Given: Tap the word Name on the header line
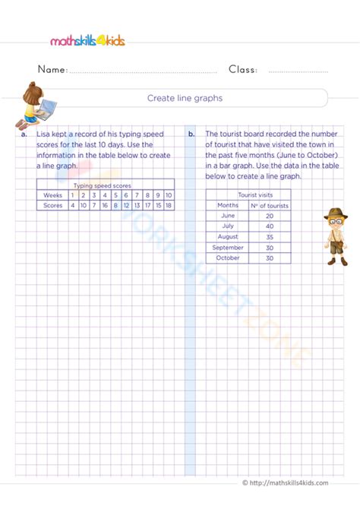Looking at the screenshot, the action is pos(52,70).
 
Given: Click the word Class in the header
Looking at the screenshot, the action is pos(243,70).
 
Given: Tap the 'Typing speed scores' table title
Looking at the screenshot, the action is pos(105,185).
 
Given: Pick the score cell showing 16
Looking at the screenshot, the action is pos(104,205).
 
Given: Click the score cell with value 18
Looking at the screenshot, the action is pos(168,205).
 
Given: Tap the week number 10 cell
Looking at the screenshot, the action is pos(168,194).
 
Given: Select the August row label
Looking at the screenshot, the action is pos(228,236).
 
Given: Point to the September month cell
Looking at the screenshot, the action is pos(228,247).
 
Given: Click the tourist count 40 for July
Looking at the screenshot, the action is pos(270,226).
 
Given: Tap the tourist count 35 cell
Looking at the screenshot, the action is pos(270,236).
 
